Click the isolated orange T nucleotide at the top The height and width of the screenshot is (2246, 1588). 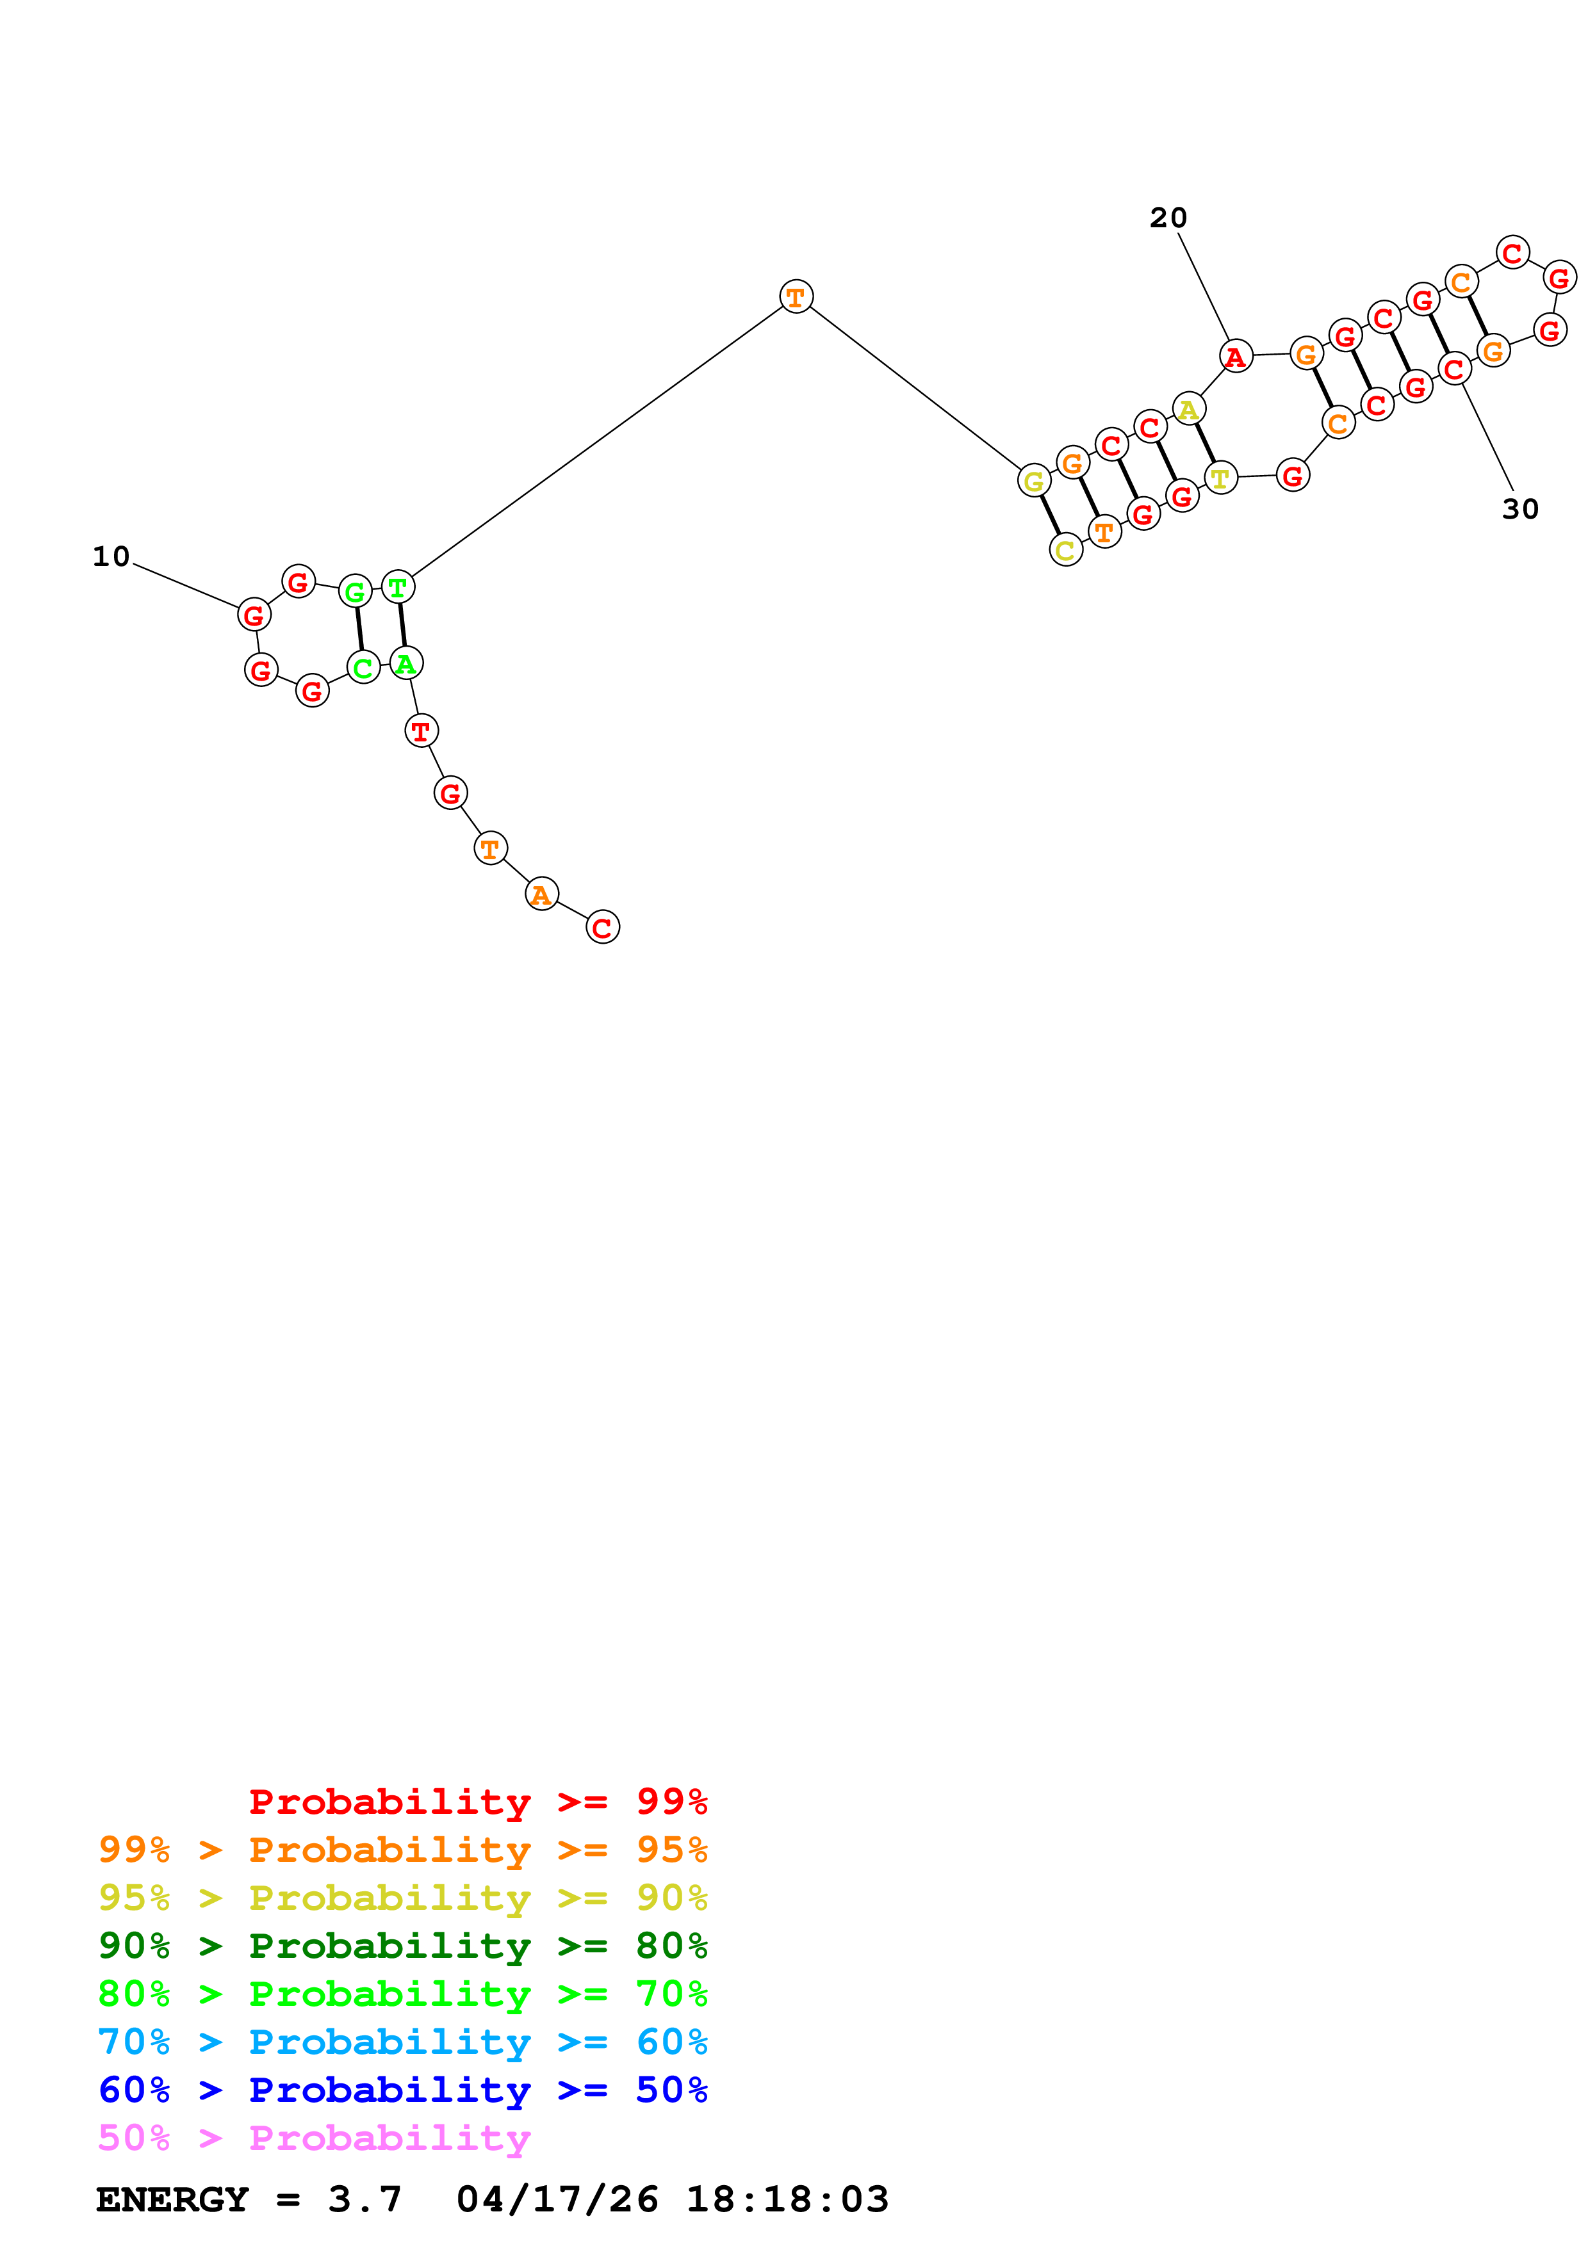pos(796,296)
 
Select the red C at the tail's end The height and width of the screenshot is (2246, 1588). pos(603,927)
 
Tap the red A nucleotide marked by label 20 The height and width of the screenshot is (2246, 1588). pos(1236,357)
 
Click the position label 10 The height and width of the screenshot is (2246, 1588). pos(111,556)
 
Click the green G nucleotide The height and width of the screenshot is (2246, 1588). pos(355,592)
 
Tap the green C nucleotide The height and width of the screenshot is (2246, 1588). pos(363,668)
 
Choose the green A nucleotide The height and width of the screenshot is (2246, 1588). pos(406,664)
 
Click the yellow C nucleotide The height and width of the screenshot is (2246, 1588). pos(1065,551)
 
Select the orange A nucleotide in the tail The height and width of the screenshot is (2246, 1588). pos(541,894)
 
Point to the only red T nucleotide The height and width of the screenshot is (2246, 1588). pos(422,731)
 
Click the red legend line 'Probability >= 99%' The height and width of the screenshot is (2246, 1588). pos(477,1801)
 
